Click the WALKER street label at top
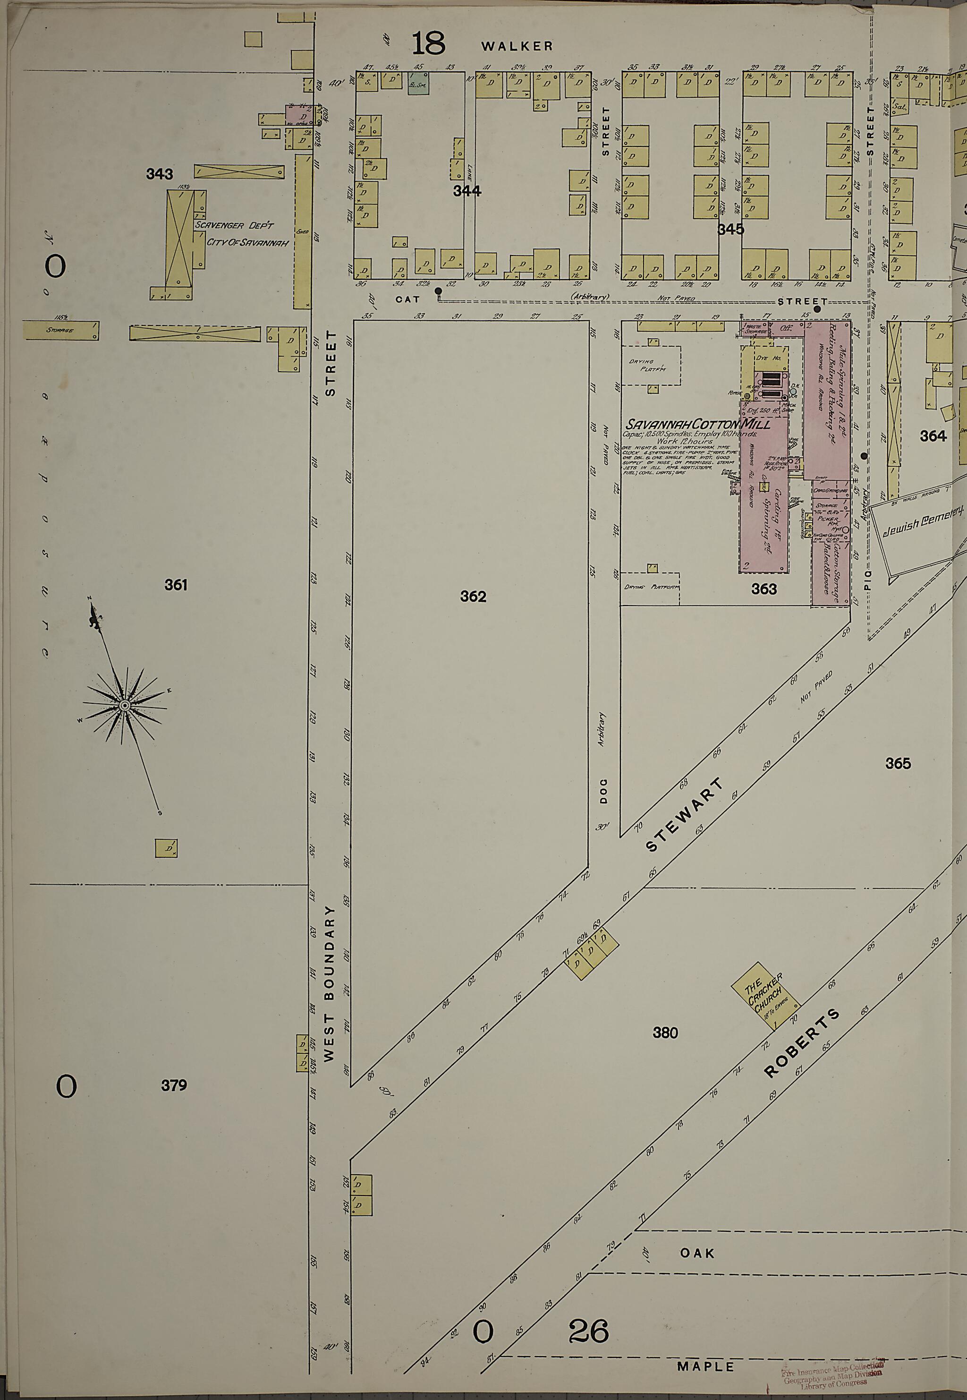tap(517, 46)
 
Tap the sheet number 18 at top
tap(428, 43)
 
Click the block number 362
tap(473, 597)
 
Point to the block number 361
tap(176, 585)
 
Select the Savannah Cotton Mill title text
tap(698, 424)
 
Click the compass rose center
tap(124, 706)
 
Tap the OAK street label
tap(697, 1253)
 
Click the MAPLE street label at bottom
tap(706, 1350)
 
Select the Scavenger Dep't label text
tap(234, 225)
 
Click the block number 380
tap(665, 1032)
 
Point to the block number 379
tap(174, 1085)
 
